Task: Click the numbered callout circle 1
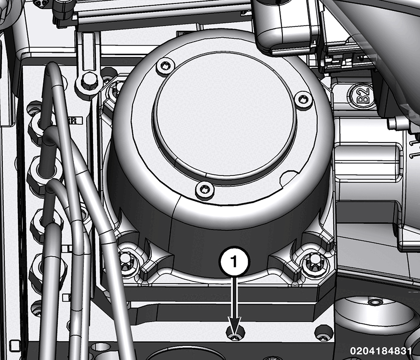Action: pyautogui.click(x=234, y=262)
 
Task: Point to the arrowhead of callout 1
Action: pyautogui.click(x=235, y=326)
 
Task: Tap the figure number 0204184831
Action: pyautogui.click(x=381, y=351)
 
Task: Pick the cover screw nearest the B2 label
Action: pyautogui.click(x=303, y=99)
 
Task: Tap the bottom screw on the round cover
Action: pyautogui.click(x=205, y=190)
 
